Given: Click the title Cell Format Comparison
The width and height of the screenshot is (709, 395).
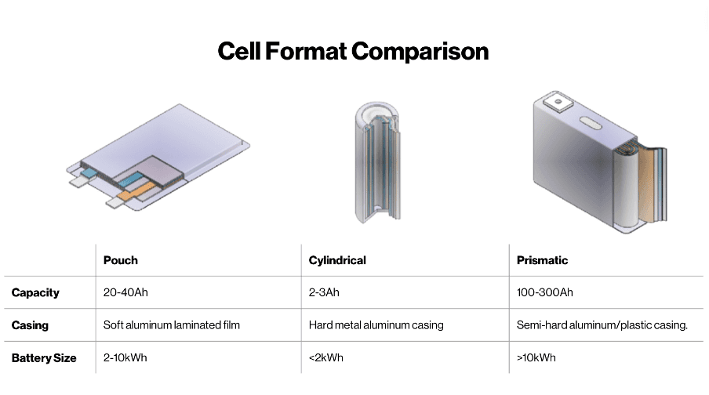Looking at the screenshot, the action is point(353,51).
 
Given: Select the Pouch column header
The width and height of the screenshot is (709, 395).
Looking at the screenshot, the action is point(121,260).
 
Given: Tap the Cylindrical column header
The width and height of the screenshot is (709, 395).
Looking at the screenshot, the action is point(337,260).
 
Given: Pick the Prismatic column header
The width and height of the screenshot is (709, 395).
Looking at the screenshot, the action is point(542,260).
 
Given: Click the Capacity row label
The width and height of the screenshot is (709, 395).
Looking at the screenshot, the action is point(35,293).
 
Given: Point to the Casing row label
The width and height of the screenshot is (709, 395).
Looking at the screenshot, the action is point(30,325).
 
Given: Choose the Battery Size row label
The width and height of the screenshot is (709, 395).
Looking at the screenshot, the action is point(44,358).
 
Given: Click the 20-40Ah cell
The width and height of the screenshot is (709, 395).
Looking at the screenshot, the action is point(125,292).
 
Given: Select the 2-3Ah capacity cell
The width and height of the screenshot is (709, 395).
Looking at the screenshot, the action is point(324,292).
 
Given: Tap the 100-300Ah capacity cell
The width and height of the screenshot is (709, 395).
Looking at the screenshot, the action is point(545,292).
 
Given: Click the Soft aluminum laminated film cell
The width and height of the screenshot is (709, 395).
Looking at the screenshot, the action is point(172,325).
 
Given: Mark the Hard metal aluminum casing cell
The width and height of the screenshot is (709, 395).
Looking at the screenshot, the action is point(376,325).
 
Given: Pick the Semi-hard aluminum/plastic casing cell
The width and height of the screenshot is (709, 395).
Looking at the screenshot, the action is point(602,325).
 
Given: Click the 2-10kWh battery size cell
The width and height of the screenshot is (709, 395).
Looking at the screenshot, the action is point(125,357).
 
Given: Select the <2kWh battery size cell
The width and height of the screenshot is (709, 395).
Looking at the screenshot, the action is point(326,357).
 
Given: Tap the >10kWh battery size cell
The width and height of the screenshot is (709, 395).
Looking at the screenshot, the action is point(536,357).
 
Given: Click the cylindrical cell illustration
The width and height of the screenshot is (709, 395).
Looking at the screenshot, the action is point(377,162).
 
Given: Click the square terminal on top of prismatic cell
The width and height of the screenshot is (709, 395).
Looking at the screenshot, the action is point(558,101).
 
